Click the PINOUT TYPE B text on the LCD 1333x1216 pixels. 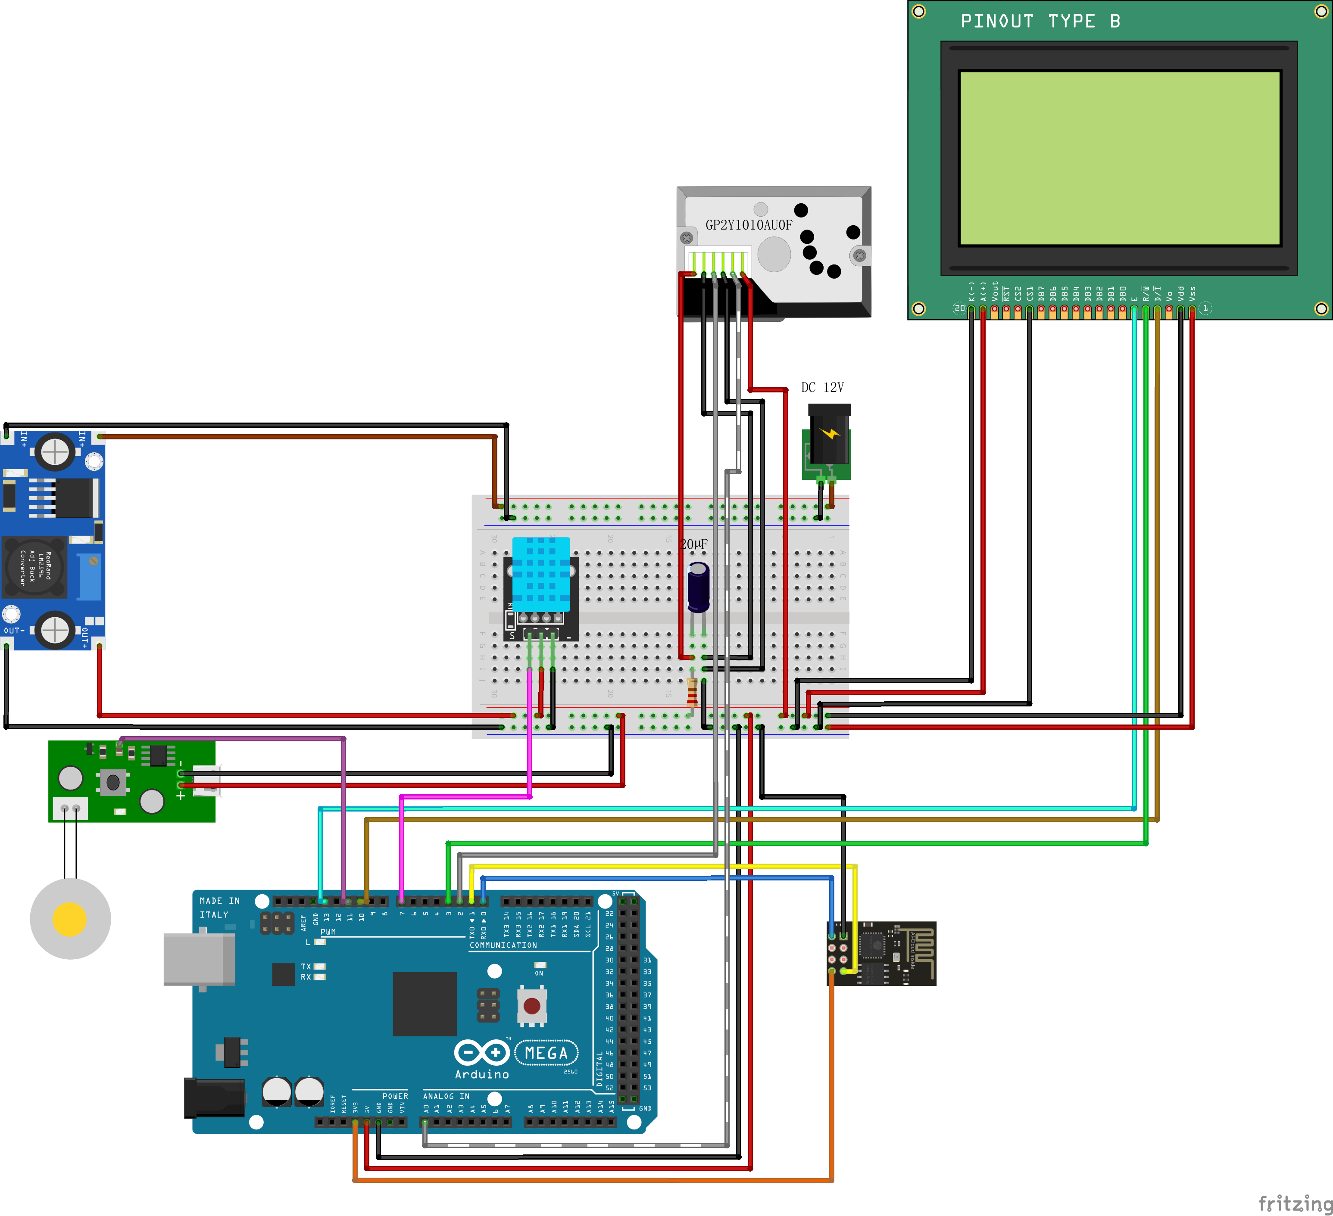(1040, 21)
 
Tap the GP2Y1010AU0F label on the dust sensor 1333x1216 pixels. (749, 225)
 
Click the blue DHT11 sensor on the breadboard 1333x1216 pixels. (541, 574)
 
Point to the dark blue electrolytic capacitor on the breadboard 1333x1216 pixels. (698, 587)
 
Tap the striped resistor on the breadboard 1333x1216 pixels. (692, 692)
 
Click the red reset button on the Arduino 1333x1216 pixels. (532, 1006)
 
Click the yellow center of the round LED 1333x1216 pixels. (69, 919)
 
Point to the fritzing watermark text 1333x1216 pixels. (1294, 1203)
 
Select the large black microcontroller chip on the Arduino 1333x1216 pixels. (425, 1003)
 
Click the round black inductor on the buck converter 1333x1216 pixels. (34, 567)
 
